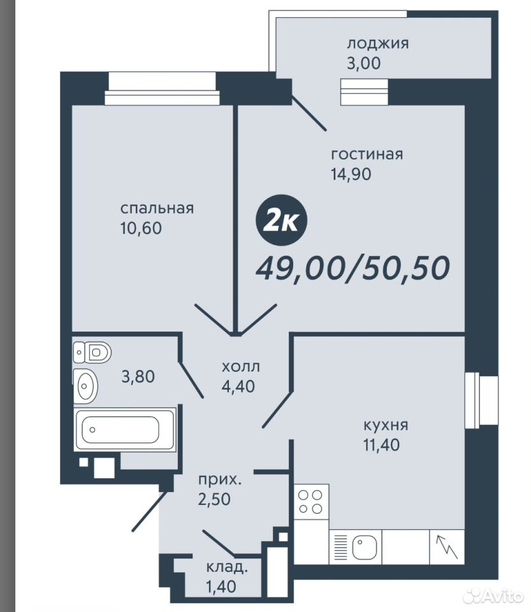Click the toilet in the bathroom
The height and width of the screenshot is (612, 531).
click(92, 352)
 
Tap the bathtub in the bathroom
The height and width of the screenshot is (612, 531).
click(125, 429)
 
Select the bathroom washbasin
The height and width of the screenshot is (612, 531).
click(85, 386)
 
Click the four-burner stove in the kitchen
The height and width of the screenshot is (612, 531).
click(311, 502)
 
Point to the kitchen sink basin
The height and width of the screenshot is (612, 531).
click(365, 547)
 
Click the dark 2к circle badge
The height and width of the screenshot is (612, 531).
click(282, 221)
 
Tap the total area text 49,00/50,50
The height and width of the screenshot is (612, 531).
click(353, 268)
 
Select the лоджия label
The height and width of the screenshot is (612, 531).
click(378, 44)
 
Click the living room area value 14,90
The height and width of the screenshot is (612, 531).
click(351, 174)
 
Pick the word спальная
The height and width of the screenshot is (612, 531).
click(157, 208)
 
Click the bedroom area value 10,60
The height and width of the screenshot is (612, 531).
click(141, 228)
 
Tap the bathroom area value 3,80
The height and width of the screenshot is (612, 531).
click(138, 377)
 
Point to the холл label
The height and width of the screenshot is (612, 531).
click(241, 367)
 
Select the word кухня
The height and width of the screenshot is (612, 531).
click(386, 425)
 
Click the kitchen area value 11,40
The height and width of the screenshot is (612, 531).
click(382, 445)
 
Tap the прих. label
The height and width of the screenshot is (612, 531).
click(220, 479)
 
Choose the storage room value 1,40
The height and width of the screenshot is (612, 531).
click(221, 586)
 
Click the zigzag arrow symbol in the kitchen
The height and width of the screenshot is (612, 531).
click(447, 547)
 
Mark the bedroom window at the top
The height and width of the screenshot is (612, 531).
click(162, 89)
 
